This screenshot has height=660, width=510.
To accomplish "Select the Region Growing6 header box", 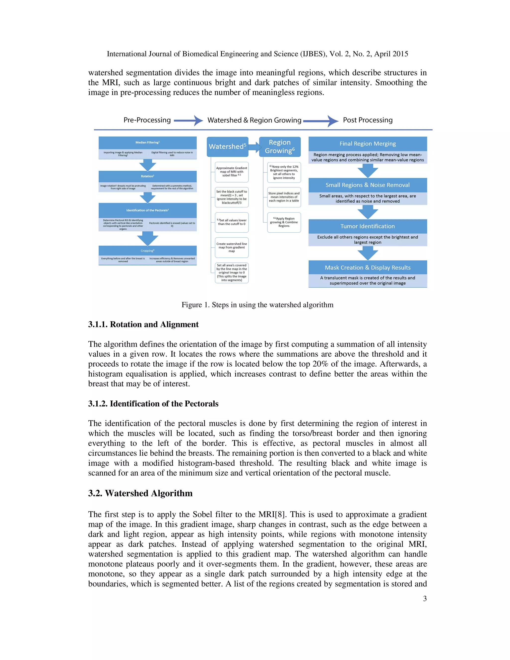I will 280,146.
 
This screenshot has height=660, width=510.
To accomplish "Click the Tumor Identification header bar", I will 367,226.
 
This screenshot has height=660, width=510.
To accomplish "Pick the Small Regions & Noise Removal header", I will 367,185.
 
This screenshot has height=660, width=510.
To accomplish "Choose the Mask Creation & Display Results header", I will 367,267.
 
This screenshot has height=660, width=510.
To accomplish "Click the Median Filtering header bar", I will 147,142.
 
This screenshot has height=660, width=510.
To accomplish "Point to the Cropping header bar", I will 147,251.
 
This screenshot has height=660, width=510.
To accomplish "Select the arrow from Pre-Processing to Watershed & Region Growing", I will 188,121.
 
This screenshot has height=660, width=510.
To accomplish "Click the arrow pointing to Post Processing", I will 320,121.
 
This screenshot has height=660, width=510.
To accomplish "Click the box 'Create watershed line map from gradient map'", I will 232,248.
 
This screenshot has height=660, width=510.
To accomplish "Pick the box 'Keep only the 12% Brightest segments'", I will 284,172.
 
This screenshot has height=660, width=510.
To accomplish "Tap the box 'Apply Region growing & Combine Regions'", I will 284,222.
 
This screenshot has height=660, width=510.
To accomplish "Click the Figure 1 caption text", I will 257,305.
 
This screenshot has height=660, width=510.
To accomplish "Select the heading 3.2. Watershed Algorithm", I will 140,493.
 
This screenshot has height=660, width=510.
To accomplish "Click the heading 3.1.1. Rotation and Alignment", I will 143,325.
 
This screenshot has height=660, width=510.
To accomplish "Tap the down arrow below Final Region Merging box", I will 367,171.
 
